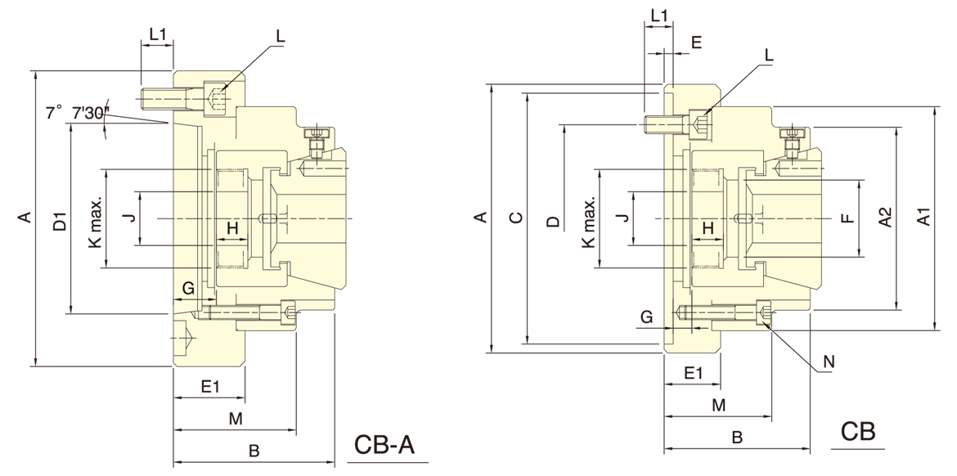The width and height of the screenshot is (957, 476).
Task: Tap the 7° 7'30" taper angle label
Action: pos(78,113)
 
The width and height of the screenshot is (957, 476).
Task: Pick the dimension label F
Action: pos(847,218)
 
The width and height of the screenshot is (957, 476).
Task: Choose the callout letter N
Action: pos(829,361)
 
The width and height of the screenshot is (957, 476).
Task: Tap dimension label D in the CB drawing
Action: pos(553,221)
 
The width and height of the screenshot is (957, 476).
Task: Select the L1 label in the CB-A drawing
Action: pos(158,34)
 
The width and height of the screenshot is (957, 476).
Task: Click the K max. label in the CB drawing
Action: pos(588,222)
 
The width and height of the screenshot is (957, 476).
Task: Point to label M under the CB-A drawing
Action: pos(236,419)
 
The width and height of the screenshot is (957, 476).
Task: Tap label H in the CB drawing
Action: pos(708,227)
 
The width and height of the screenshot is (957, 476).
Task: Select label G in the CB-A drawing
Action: pos(188,288)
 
